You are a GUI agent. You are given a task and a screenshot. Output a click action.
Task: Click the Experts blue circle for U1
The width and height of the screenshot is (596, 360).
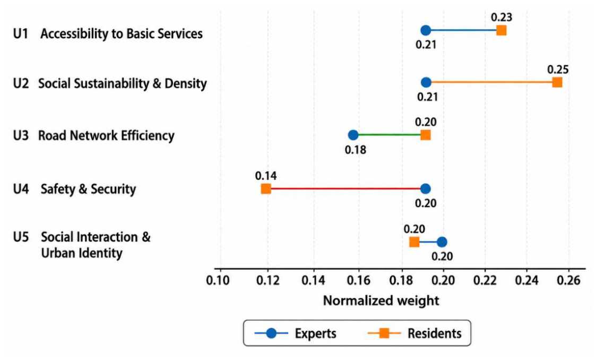coord(426,30)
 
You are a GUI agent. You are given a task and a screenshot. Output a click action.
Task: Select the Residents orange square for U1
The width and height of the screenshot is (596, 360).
coord(502,30)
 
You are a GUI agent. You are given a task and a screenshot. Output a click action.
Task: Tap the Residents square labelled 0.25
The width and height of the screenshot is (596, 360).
coord(557,82)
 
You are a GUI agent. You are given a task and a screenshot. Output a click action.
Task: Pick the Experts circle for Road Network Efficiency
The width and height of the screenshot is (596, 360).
coord(353,135)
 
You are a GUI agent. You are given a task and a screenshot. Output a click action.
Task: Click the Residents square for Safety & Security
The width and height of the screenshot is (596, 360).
coord(266,188)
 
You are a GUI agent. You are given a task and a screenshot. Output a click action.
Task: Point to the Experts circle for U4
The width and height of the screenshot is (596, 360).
coord(426,188)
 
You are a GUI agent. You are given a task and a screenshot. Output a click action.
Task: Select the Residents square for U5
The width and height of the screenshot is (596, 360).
coord(414,242)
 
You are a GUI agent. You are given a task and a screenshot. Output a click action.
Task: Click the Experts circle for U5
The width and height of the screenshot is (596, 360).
coord(442,242)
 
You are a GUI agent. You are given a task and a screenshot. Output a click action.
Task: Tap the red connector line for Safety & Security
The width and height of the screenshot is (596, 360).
coord(346,188)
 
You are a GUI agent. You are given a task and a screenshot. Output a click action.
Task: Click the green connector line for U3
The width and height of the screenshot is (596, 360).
coord(389,135)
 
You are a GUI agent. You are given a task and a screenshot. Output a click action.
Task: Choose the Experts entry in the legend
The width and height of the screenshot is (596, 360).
coord(296,333)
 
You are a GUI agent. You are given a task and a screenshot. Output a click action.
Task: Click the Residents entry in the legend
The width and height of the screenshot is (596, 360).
coord(414,333)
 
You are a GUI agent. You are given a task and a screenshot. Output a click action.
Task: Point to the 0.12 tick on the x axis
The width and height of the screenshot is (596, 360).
coord(267,280)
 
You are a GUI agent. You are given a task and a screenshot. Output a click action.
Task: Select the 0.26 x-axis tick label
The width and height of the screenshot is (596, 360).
coord(568,280)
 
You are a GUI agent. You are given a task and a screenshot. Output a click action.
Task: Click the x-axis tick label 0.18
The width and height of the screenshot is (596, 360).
coord(401,280)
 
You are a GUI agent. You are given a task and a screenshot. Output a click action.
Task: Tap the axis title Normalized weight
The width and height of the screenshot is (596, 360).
coord(381,301)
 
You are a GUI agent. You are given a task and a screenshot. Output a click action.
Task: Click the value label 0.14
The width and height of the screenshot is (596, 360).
coord(266,176)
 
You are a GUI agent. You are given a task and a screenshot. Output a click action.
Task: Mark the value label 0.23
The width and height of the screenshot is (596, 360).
coord(502,18)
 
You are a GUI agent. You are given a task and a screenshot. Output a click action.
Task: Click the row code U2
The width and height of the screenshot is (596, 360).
coord(21,83)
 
